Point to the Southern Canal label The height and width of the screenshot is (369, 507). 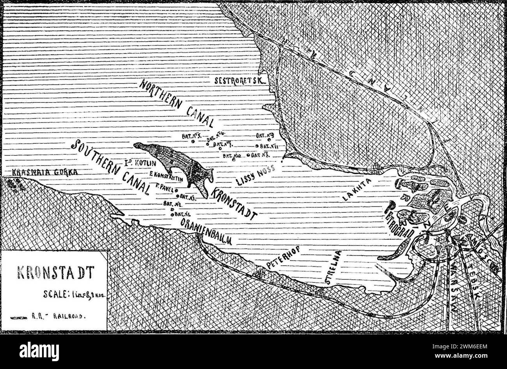click(111, 168)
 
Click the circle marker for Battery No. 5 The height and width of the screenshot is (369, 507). click(193, 141)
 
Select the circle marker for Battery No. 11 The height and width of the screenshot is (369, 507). click(257, 146)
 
